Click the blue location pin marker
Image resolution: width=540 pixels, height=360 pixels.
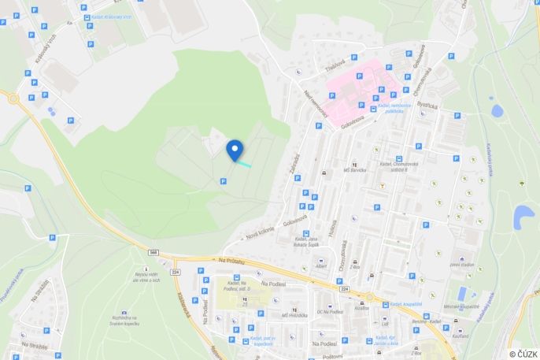tap(235, 150)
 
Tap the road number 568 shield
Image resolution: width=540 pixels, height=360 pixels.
tap(153, 252)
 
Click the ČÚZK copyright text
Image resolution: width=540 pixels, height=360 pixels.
tap(523, 354)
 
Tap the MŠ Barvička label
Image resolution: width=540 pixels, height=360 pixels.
tap(358, 169)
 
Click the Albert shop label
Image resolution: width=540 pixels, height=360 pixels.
tap(320, 266)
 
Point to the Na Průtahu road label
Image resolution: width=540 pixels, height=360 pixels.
tap(232, 261)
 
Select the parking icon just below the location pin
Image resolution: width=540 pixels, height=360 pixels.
tap(223, 181)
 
